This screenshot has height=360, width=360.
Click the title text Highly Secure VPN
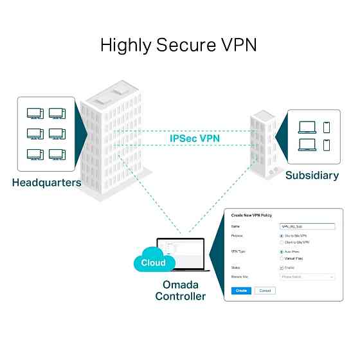pos(179,45)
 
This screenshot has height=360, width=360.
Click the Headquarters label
pos(46,183)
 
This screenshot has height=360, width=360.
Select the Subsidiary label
pos(312,175)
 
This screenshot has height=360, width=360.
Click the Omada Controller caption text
pos(180,291)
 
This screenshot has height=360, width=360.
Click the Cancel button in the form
pos(264,291)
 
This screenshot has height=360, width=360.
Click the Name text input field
pos(308,226)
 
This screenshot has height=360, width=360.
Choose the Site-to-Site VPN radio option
pos(282,236)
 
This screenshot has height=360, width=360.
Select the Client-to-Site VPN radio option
pos(282,242)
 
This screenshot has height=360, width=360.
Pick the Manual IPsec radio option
pos(282,258)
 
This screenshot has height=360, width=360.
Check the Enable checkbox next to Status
pos(282,267)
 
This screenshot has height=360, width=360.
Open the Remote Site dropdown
pos(308,277)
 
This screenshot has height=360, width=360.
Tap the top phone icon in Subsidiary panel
pos(326,126)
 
